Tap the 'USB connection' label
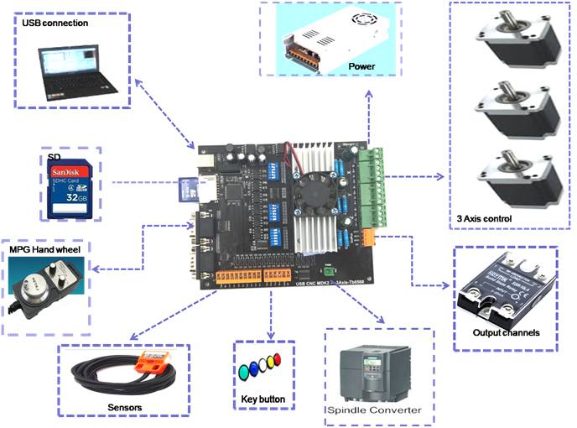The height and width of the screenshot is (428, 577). pyautogui.click(x=54, y=23)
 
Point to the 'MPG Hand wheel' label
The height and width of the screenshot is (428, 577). pyautogui.click(x=49, y=251)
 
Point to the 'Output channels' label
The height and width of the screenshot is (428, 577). pyautogui.click(x=507, y=332)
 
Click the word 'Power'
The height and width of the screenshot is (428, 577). pyautogui.click(x=361, y=66)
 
